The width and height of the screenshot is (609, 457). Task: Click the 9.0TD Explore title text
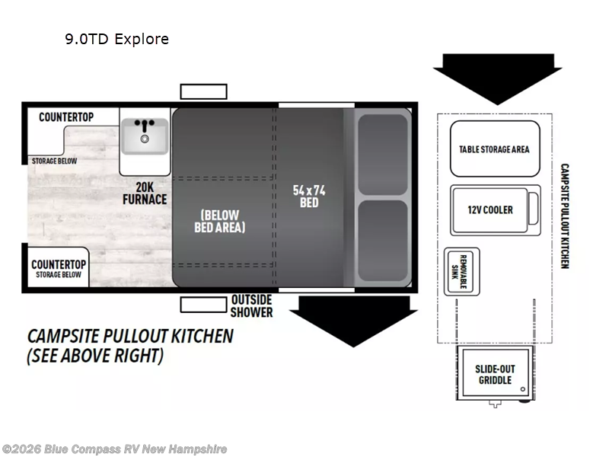(x=117, y=39)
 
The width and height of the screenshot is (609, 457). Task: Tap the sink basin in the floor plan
(x=145, y=136)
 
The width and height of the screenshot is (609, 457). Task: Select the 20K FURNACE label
(x=145, y=193)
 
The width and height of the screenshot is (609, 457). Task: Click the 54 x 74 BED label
(x=309, y=197)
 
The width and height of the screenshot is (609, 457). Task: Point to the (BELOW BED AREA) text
(x=220, y=221)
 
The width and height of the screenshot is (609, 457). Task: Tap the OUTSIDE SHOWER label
(x=252, y=306)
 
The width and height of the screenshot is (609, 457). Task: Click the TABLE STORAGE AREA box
(x=495, y=149)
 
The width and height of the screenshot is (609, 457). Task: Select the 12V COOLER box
(x=496, y=210)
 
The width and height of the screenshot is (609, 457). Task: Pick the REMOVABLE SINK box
(x=462, y=272)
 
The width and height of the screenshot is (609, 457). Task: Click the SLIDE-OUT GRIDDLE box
(x=496, y=373)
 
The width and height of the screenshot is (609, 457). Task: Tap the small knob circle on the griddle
(x=523, y=389)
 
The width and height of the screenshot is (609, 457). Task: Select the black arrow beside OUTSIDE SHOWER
(x=353, y=321)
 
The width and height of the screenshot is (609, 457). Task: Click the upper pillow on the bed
(x=383, y=155)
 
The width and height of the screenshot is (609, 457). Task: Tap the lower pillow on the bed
(x=383, y=241)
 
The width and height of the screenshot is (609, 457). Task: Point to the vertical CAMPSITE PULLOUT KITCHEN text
(x=565, y=216)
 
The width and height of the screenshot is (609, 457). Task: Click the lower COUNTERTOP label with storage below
(x=59, y=269)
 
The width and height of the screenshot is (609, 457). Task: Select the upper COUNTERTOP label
(x=66, y=117)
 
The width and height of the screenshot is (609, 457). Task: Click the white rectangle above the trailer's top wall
(x=203, y=91)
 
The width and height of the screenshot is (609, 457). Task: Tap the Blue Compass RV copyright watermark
(x=113, y=449)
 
